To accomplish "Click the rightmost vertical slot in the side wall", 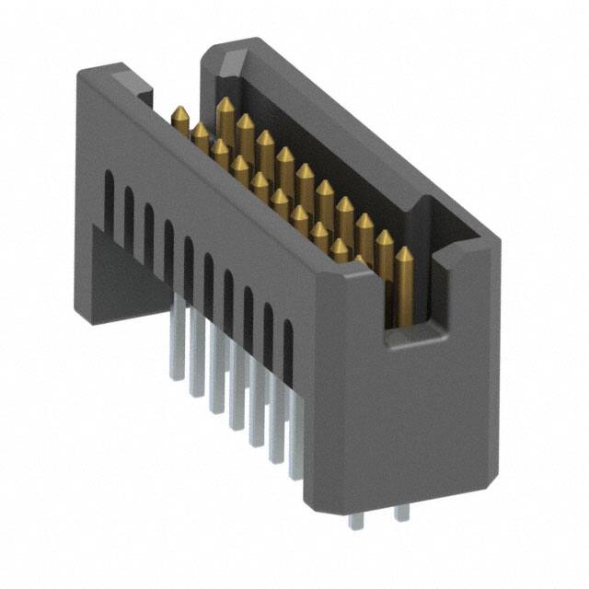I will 288,350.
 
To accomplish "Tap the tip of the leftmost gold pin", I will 180,110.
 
